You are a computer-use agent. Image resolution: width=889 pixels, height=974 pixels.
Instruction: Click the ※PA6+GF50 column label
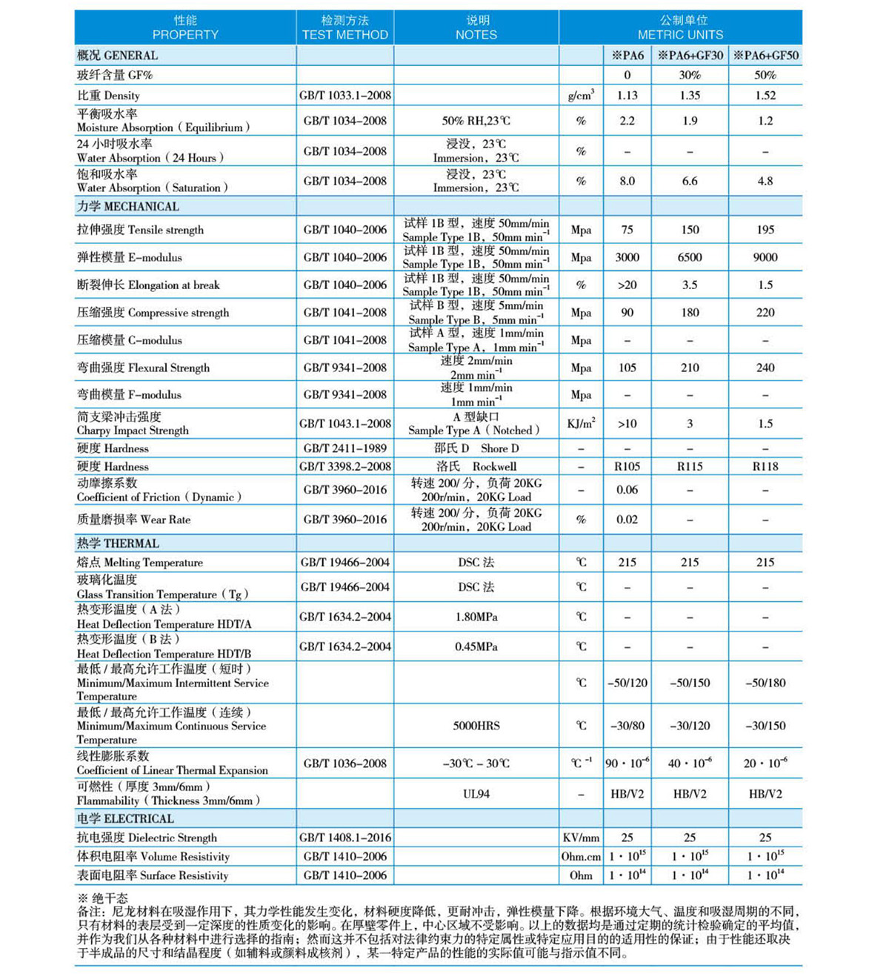[x=765, y=56]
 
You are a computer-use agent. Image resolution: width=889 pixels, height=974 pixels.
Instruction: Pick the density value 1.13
[x=627, y=96]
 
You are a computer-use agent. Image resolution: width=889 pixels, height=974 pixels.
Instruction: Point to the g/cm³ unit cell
[x=581, y=96]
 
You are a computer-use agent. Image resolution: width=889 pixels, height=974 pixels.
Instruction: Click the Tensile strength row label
[x=140, y=230]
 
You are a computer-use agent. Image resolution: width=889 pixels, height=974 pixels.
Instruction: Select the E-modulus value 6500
[x=690, y=257]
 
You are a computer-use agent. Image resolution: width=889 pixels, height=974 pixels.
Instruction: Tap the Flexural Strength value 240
[x=765, y=368]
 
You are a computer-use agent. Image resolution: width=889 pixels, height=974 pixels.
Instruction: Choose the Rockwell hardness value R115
[x=690, y=467]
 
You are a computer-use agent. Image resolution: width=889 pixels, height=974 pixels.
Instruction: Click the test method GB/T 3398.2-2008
[x=344, y=467]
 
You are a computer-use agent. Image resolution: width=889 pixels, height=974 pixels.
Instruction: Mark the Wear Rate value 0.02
[x=627, y=520]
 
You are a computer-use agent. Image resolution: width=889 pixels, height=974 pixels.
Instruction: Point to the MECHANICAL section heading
[x=128, y=207]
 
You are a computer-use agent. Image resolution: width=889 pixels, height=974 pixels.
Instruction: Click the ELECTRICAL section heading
[x=125, y=819]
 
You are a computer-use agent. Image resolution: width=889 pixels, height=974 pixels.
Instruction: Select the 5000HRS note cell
[x=476, y=726]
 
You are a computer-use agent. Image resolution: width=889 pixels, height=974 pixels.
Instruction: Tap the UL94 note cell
[x=476, y=794]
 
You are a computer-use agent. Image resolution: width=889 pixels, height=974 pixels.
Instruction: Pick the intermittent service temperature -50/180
[x=765, y=683]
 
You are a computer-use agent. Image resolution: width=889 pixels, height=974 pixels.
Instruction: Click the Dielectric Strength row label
[x=147, y=838]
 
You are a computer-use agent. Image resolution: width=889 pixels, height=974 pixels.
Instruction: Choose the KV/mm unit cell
[x=581, y=838]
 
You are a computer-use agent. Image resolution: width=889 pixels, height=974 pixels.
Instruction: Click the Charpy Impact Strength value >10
[x=627, y=424]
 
